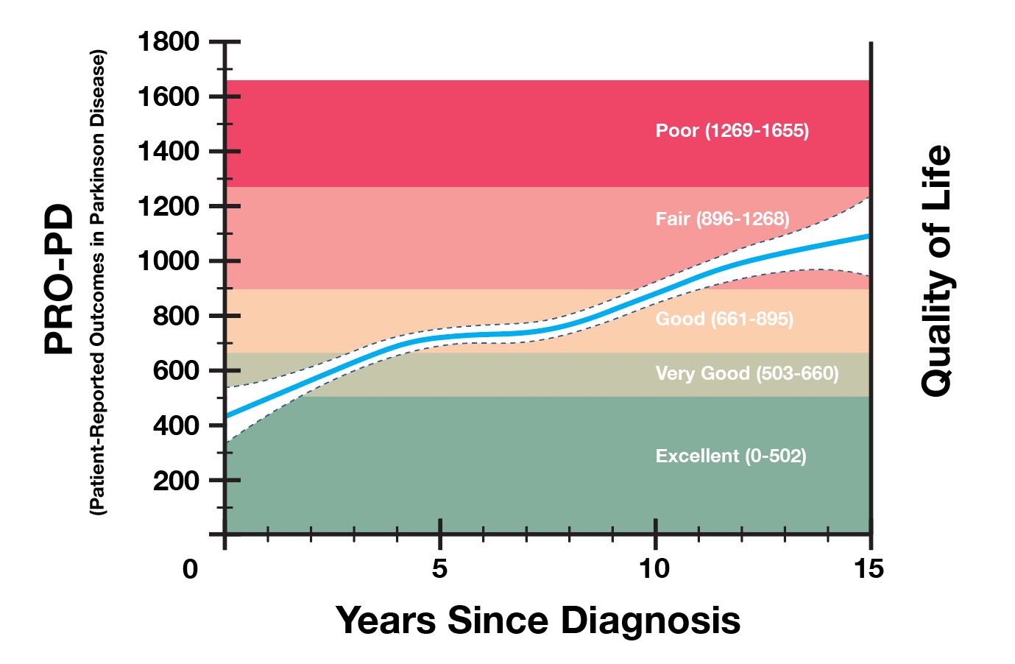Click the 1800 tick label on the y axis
pyautogui.click(x=169, y=42)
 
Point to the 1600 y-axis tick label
pyautogui.click(x=169, y=96)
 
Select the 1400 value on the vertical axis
pyautogui.click(x=169, y=152)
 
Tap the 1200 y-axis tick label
pyautogui.click(x=169, y=206)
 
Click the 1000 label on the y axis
pyautogui.click(x=169, y=261)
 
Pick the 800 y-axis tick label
pyautogui.click(x=175, y=316)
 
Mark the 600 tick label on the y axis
pyautogui.click(x=175, y=371)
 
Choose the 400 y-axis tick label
pyautogui.click(x=175, y=425)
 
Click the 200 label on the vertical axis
pyautogui.click(x=175, y=481)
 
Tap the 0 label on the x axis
pyautogui.click(x=191, y=569)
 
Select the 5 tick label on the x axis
pyautogui.click(x=439, y=569)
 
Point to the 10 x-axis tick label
pyautogui.click(x=654, y=569)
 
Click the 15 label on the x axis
pyautogui.click(x=870, y=569)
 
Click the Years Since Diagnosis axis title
pyautogui.click(x=538, y=620)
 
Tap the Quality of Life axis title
pyautogui.click(x=937, y=271)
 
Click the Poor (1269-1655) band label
pyautogui.click(x=732, y=131)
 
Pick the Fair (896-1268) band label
pyautogui.click(x=722, y=219)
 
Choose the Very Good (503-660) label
pyautogui.click(x=746, y=374)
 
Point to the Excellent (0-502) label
pyautogui.click(x=731, y=456)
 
